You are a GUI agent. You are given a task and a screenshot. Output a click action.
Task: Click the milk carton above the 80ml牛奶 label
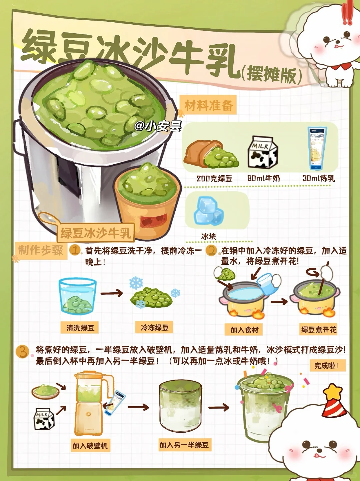tap(262, 152)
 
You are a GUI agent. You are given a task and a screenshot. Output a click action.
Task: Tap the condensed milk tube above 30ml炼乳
tap(317, 148)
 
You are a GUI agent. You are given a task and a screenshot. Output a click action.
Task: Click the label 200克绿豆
tap(215, 178)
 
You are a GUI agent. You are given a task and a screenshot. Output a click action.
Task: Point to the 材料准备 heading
tap(208, 105)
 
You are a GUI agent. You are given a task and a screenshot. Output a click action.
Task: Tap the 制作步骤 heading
tap(41, 250)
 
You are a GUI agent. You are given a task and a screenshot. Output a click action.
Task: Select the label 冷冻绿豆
tap(155, 328)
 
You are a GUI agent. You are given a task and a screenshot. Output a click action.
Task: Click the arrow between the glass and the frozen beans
tap(112, 293)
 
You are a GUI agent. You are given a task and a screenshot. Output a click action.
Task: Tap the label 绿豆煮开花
tap(318, 330)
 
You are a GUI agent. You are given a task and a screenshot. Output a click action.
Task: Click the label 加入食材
tap(244, 330)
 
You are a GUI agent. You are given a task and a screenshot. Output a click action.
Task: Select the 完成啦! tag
tap(328, 365)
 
